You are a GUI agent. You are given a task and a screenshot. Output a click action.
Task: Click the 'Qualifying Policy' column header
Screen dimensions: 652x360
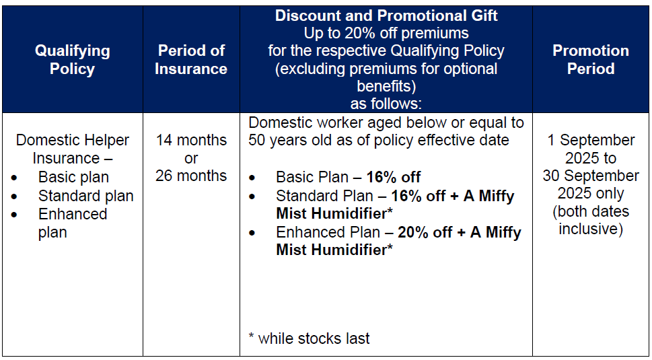click(73, 59)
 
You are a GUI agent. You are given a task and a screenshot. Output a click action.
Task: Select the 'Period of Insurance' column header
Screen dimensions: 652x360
click(191, 59)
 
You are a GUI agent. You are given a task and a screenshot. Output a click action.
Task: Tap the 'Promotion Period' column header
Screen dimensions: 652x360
click(591, 59)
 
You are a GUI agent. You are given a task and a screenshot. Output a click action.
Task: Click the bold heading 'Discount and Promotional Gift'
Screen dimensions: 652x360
click(386, 15)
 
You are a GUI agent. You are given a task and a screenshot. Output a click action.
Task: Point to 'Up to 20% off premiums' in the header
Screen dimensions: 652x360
click(386, 33)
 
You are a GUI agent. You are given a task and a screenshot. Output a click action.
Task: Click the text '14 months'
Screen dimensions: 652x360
click(191, 140)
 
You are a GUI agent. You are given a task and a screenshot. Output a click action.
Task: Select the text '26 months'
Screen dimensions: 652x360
click(191, 176)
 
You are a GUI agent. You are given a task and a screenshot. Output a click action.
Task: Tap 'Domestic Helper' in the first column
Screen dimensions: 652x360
click(73, 140)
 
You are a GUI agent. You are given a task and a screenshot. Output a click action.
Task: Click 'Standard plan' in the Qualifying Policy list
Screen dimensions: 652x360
click(86, 195)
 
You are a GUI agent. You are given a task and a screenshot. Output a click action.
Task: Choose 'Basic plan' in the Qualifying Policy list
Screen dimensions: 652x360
click(73, 178)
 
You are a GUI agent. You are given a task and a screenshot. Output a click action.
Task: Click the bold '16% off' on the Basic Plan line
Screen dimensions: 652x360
click(394, 178)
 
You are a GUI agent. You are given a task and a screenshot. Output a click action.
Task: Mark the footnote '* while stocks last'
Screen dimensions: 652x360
click(309, 338)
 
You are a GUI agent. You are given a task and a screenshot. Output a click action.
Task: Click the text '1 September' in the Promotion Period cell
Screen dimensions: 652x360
click(591, 140)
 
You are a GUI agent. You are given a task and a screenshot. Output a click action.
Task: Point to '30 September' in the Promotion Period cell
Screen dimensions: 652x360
click(591, 176)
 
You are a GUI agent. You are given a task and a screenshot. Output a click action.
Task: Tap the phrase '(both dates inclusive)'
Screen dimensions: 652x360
click(591, 220)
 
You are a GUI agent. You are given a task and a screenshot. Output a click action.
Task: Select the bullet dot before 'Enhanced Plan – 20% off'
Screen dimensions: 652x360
click(252, 233)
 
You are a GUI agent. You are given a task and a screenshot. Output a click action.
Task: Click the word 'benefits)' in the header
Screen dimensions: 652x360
click(386, 86)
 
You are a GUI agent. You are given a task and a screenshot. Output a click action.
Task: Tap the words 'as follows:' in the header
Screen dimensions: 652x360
click(386, 104)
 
